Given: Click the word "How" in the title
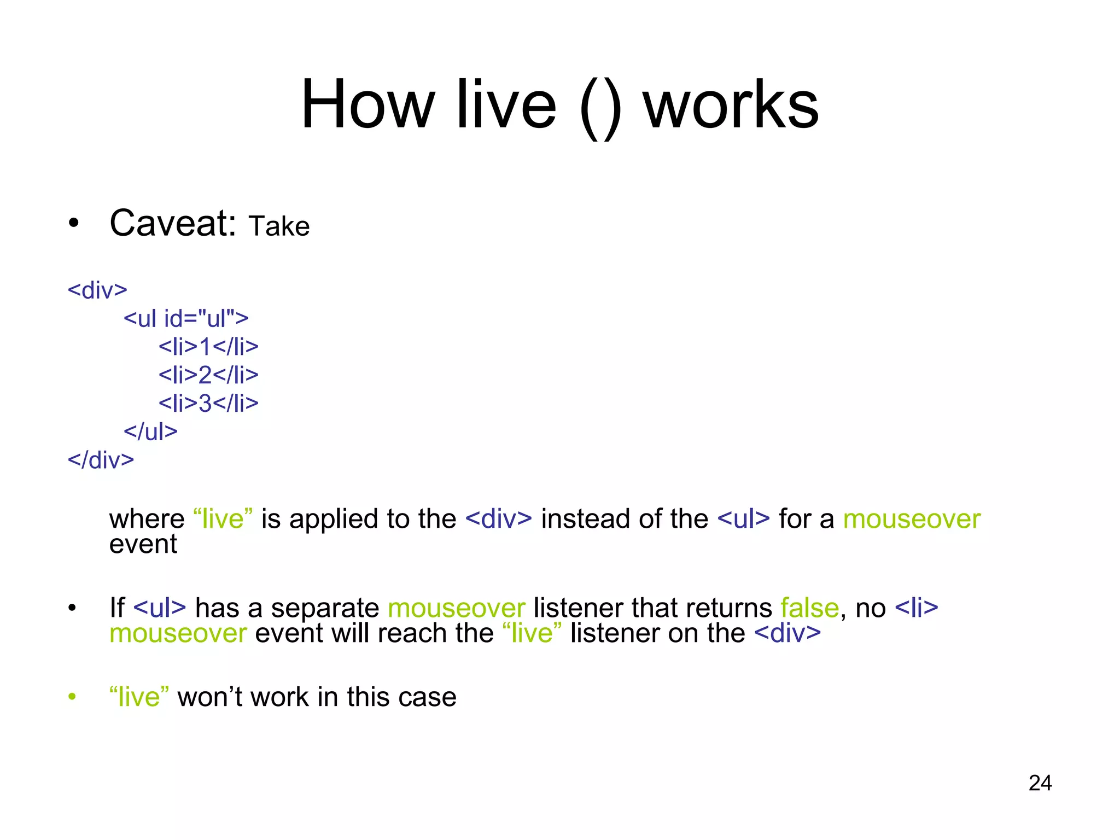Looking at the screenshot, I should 367,104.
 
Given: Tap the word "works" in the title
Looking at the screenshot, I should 731,104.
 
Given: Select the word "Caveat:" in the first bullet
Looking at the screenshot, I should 173,224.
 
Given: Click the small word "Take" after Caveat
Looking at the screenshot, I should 279,226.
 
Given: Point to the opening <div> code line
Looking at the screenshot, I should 97,290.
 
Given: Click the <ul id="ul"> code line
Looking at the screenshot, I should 186,318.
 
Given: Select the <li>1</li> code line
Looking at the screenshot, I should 208,347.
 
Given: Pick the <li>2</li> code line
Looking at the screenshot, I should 208,375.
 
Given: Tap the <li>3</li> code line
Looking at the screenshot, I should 208,404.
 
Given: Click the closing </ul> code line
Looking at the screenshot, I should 150,432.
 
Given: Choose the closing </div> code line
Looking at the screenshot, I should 101,460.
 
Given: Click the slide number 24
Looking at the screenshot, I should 1040,783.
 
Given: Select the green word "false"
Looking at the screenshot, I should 809,608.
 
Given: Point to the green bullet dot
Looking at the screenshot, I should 72,697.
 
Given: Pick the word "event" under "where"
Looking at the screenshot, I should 143,544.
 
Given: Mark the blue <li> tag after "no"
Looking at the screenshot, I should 917,608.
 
